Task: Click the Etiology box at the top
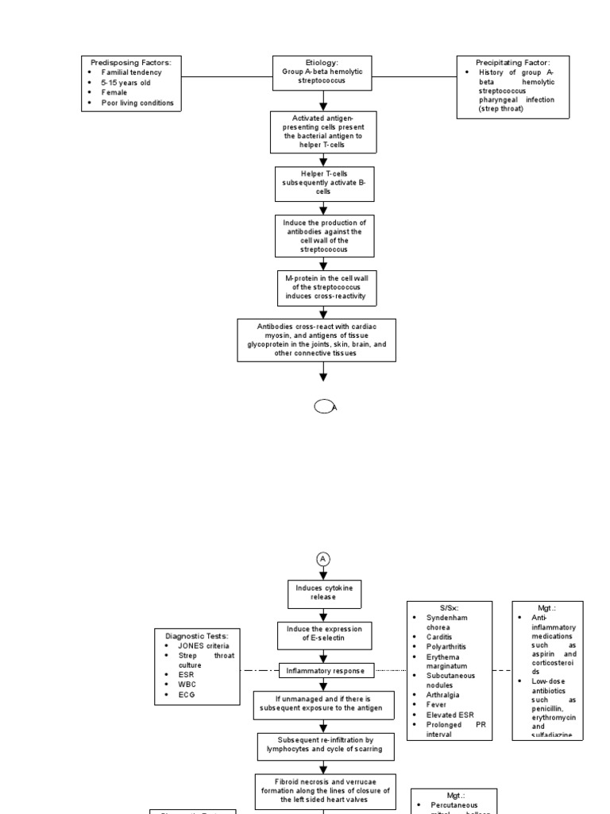pos(322,71)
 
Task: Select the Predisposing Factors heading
pos(133,62)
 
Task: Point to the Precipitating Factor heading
pos(512,62)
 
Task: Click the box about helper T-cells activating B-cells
pos(322,181)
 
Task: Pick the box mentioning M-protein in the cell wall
pos(322,287)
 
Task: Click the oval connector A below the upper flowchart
pos(324,407)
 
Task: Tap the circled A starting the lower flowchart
pos(323,559)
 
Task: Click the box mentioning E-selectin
pos(322,634)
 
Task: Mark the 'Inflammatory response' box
pos(326,671)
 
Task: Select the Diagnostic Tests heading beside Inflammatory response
pos(196,635)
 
